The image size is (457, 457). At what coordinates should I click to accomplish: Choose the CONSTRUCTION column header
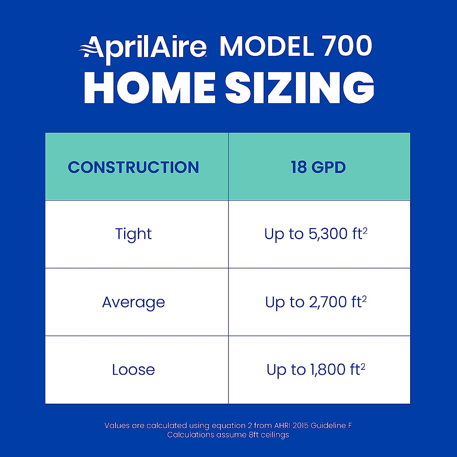pos(133,168)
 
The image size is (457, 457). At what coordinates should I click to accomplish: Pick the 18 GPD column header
pos(318,168)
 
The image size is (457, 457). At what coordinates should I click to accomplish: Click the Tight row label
pos(133,234)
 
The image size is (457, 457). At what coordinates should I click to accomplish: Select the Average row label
pos(133,302)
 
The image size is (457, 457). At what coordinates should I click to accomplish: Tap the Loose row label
pos(133,370)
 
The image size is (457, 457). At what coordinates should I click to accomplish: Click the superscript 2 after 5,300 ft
pos(365,230)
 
